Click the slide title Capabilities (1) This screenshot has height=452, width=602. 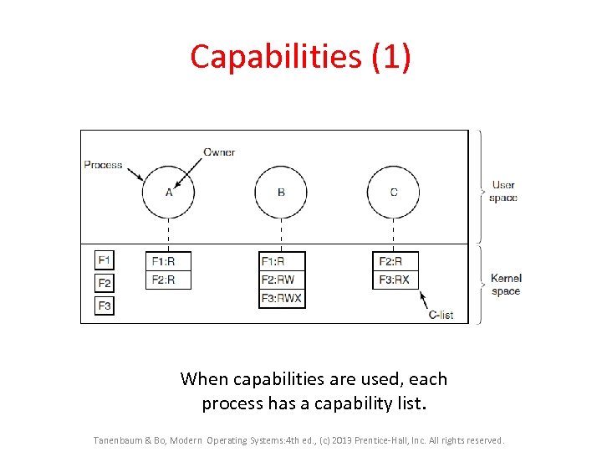coord(300,57)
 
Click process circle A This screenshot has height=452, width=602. coord(168,192)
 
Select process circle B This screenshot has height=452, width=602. coord(281,192)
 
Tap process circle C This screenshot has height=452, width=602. coord(394,192)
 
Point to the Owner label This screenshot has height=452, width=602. coord(219,152)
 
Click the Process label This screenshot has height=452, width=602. coord(103,165)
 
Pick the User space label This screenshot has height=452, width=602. coord(504,192)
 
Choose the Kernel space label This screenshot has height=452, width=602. coord(506,285)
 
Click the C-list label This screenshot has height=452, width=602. coord(441,315)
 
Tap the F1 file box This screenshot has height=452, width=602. coord(105,260)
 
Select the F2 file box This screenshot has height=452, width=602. coord(105,283)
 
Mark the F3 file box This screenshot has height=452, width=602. coord(105,306)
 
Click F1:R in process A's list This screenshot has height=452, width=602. coord(168,261)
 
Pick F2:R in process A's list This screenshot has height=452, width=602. coord(168,280)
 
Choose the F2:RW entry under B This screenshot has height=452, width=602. coord(282,280)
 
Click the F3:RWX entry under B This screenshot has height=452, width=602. coord(282,298)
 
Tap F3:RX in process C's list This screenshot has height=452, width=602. coord(395,280)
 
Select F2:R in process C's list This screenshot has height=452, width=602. coord(395,261)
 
